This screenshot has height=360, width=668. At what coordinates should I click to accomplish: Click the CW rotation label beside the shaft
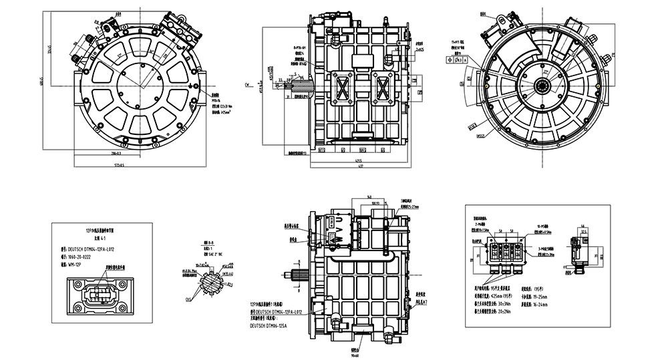tap(246, 85)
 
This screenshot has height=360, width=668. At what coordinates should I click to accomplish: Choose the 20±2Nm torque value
tap(534, 311)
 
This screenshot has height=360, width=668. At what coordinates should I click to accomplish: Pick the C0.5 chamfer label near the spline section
tap(188, 300)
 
